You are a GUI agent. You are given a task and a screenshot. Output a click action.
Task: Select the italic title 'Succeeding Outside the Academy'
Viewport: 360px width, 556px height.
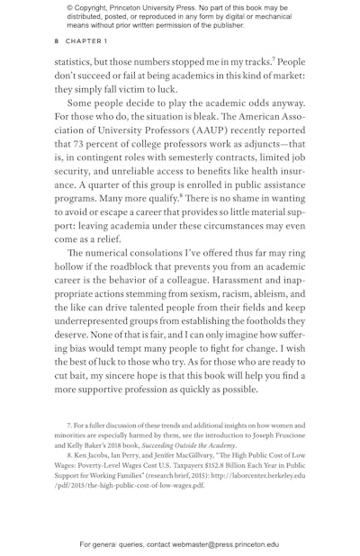192,445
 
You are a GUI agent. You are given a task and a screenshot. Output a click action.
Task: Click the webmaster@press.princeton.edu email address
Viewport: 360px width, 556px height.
220,544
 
